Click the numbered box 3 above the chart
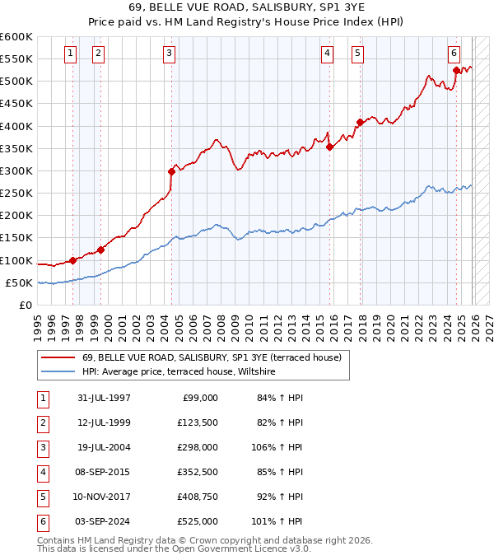tap(169, 54)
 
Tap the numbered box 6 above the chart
tap(454, 54)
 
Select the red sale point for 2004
tap(171, 171)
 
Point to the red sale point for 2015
tap(329, 147)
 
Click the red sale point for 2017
tap(360, 123)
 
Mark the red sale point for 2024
tap(456, 70)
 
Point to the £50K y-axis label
tap(19, 283)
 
